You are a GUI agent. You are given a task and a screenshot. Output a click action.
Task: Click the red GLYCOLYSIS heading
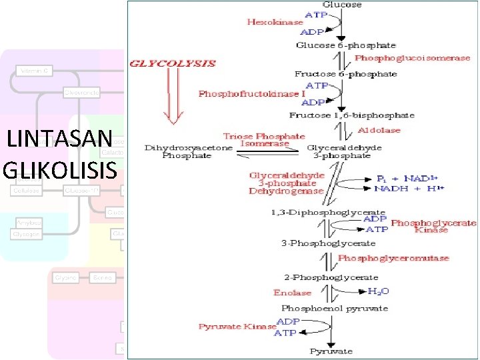click(x=173, y=63)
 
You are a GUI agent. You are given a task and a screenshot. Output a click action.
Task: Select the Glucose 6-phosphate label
click(x=337, y=45)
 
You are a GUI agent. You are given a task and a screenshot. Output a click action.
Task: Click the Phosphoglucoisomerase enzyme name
click(x=412, y=59)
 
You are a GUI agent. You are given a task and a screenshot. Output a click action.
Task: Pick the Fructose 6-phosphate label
click(x=345, y=74)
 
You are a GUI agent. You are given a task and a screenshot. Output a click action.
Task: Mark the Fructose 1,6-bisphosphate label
click(x=351, y=115)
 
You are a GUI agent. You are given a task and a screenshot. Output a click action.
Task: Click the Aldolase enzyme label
click(x=380, y=129)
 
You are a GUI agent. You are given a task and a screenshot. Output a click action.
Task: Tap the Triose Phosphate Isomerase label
click(x=257, y=140)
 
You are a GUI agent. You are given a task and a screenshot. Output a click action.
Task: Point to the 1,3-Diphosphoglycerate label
click(x=328, y=212)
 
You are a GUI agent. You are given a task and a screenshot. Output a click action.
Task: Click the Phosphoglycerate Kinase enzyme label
click(x=433, y=226)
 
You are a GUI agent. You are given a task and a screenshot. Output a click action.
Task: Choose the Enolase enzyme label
click(x=292, y=293)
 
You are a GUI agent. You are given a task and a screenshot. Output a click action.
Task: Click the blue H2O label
click(x=379, y=291)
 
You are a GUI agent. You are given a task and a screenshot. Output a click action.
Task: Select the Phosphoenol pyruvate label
click(x=335, y=309)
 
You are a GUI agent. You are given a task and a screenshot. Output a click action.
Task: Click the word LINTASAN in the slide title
click(x=59, y=140)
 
